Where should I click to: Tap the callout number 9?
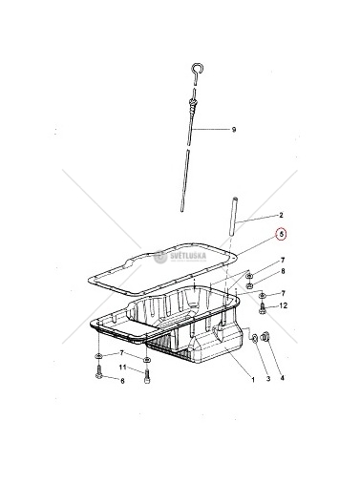click(234, 130)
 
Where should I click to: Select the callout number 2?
click(281, 215)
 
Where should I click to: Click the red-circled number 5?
click(281, 235)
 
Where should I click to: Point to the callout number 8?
click(283, 271)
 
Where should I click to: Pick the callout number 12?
click(283, 305)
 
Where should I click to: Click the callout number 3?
click(268, 379)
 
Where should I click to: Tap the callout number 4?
click(283, 378)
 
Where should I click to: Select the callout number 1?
click(253, 379)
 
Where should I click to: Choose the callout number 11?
click(123, 367)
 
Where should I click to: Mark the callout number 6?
click(122, 381)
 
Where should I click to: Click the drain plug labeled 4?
click(265, 337)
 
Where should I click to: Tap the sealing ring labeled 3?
click(255, 339)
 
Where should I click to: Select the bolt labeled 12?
click(262, 308)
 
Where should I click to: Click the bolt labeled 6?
click(98, 372)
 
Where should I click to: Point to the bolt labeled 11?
click(147, 376)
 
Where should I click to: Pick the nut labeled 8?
click(250, 284)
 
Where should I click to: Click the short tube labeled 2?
click(233, 217)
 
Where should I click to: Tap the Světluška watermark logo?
click(180, 257)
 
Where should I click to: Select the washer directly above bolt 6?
click(98, 356)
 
